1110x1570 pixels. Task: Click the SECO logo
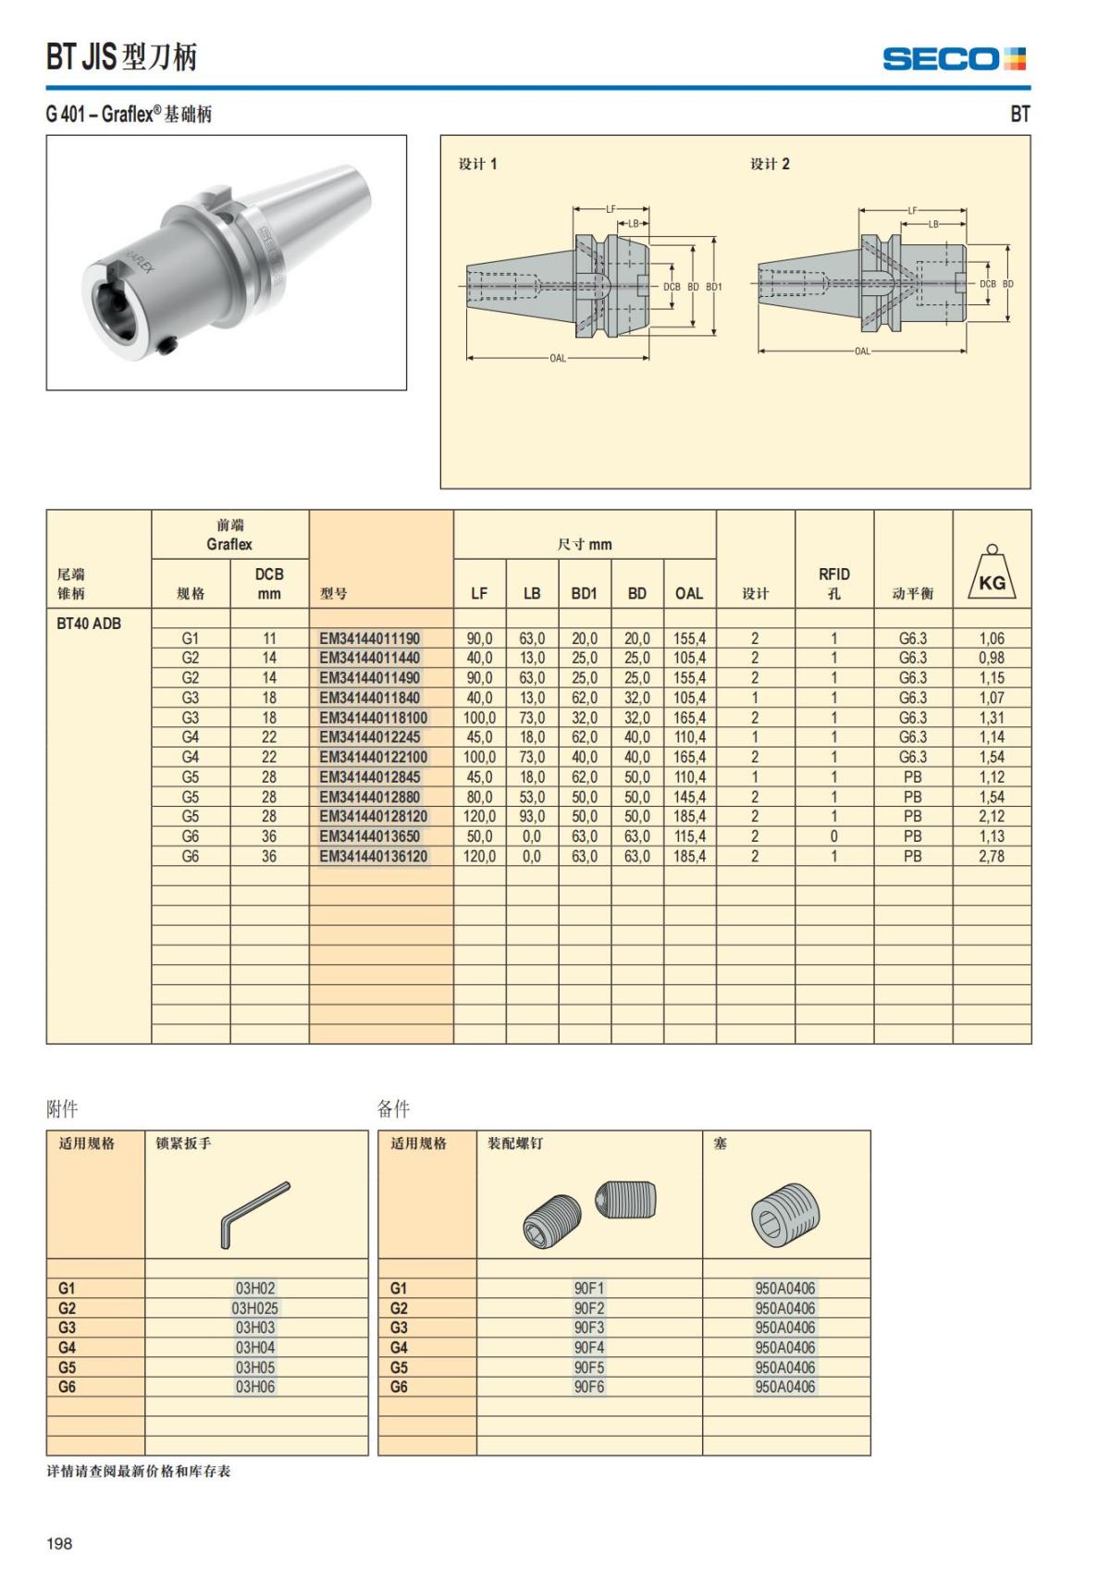[954, 59]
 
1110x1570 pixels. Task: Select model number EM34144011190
[369, 638]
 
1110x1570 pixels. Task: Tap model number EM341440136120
[374, 857]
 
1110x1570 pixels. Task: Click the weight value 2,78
[992, 857]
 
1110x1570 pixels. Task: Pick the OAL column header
[689, 594]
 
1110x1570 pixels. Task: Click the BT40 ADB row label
[89, 624]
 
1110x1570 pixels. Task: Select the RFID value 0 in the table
[833, 836]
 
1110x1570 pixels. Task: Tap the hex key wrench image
[254, 1214]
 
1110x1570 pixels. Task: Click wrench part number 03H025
[255, 1308]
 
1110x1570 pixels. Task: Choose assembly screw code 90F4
[589, 1348]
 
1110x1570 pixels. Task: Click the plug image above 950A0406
[785, 1214]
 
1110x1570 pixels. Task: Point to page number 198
[59, 1543]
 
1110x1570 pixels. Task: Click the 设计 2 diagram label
[770, 165]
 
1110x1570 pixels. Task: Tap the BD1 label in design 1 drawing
[714, 287]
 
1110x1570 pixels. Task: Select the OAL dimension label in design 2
[862, 352]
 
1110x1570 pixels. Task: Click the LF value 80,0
[479, 797]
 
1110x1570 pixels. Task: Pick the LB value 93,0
[532, 817]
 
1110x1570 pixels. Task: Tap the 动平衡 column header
[912, 594]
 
